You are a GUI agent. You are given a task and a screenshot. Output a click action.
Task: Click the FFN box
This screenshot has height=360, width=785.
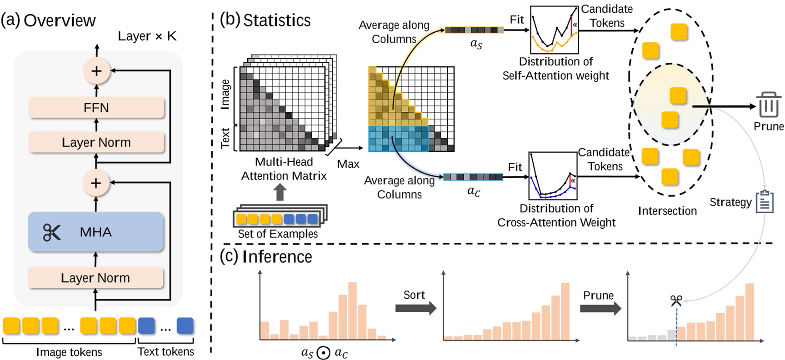coord(96,108)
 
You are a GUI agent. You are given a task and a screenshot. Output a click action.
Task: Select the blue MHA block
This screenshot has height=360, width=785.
coord(96,232)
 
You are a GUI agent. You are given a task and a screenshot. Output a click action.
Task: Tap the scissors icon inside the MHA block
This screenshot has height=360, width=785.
coord(51,232)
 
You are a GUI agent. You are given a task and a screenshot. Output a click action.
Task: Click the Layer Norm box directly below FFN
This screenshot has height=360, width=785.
coord(96,142)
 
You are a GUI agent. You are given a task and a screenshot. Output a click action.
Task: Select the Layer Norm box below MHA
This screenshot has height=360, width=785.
coord(95,278)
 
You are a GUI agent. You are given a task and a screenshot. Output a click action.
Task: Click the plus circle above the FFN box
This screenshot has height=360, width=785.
coord(96,71)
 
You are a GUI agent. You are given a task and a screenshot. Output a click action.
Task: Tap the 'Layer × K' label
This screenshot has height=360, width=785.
coord(147,36)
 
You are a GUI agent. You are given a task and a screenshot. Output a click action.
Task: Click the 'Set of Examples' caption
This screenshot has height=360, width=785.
coord(278,234)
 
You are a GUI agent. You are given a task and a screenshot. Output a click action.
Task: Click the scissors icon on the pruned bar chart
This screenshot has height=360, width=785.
coord(676,300)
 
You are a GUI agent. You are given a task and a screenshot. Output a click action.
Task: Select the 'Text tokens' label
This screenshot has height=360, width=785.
coord(165,351)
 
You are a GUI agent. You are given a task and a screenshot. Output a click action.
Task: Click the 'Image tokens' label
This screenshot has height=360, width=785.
coord(69,352)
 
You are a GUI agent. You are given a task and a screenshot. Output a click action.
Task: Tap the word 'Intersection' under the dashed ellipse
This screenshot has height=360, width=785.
coord(667,211)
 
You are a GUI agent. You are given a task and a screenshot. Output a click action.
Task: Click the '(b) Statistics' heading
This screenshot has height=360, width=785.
coord(265,20)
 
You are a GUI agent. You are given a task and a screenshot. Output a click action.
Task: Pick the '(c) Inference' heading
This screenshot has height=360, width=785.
coord(266,257)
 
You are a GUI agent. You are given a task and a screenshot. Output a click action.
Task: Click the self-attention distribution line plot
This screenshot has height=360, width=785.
coord(554,30)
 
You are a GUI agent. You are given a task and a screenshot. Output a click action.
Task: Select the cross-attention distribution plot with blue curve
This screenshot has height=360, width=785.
coord(553,176)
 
